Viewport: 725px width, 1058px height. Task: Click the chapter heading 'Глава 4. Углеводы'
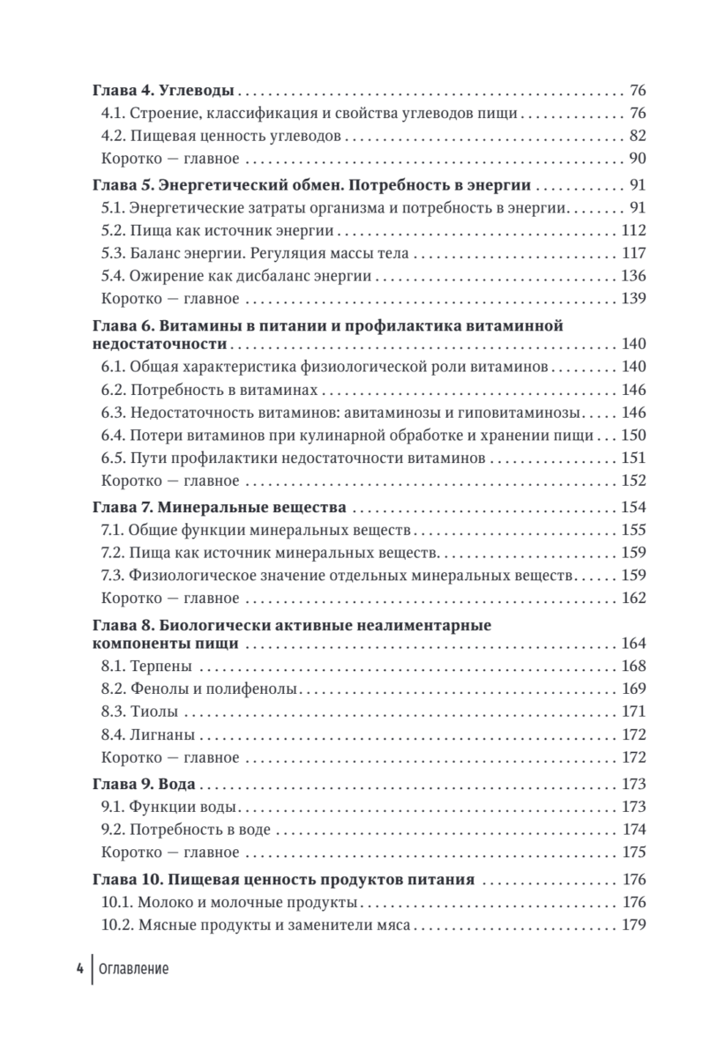(162, 91)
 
